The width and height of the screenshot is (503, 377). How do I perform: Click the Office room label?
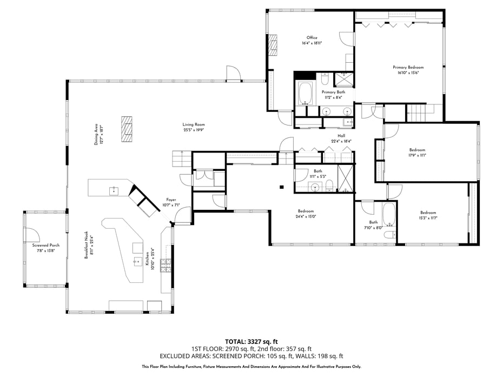coord(312,38)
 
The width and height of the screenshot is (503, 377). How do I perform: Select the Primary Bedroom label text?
coord(408,68)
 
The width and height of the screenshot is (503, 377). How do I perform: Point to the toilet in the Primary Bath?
coord(325,80)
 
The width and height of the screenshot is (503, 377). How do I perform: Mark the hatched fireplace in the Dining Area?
coord(127,128)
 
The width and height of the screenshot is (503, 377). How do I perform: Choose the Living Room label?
coord(193,125)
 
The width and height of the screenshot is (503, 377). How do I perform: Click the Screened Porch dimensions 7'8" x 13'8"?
coord(45,250)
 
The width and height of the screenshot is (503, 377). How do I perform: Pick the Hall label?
coord(341,136)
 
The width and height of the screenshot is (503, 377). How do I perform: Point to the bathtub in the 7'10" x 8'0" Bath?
coord(389,215)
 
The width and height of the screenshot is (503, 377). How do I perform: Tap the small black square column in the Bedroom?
coord(281,188)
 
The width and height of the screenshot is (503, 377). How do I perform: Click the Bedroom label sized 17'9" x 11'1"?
coord(417,150)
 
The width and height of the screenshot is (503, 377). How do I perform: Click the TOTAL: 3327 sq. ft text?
coord(251,341)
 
